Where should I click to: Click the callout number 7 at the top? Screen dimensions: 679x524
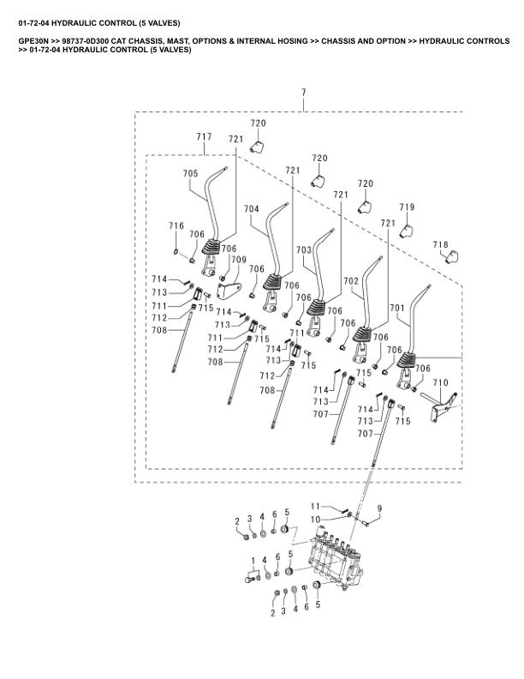[303, 92]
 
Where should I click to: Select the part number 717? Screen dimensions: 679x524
[204, 137]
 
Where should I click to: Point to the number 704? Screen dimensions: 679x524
[252, 209]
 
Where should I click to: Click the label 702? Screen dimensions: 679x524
[351, 280]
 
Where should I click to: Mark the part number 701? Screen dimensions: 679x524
[397, 306]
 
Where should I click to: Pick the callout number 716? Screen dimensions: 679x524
[176, 225]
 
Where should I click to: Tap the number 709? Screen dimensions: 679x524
[238, 259]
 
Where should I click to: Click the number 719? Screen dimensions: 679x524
[408, 207]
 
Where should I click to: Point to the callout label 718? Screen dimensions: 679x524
[440, 245]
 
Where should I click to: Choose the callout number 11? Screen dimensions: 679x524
[315, 506]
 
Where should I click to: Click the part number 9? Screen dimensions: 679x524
[380, 508]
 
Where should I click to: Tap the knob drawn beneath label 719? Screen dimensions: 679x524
[407, 228]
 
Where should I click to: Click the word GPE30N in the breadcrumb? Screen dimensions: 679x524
[35, 40]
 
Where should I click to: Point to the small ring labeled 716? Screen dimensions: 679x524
[176, 252]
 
